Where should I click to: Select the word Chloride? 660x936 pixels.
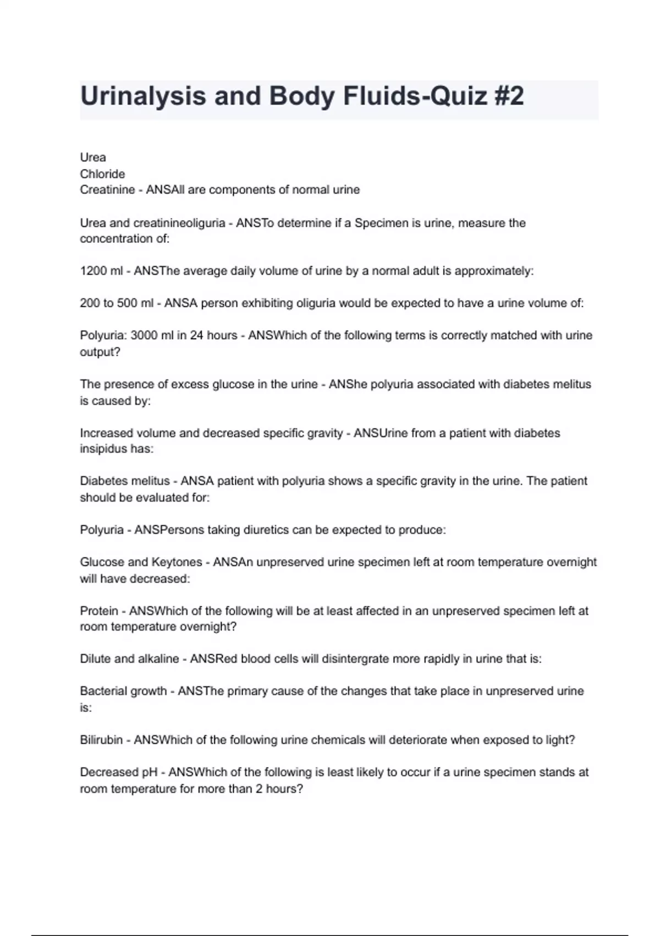coord(102,174)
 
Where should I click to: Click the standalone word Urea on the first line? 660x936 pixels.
coord(93,157)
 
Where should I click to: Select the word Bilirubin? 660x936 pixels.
coord(101,740)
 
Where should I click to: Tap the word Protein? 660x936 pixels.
coord(99,611)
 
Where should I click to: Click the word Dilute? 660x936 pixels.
coord(95,659)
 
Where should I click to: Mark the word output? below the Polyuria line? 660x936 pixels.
coord(100,352)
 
